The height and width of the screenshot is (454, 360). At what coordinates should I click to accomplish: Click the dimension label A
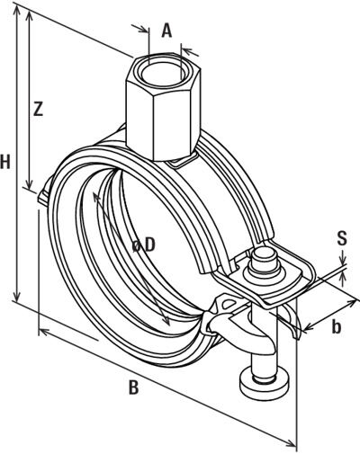tap(166, 30)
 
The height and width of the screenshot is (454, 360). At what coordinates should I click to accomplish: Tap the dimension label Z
tap(38, 110)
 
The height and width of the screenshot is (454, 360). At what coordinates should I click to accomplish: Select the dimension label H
tap(7, 162)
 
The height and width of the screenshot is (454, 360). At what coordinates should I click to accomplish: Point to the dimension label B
tap(133, 388)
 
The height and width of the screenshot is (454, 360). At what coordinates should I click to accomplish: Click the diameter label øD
tap(143, 244)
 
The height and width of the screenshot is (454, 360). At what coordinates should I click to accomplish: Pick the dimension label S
tap(342, 238)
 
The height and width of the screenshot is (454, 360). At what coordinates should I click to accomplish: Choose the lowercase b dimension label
tap(335, 327)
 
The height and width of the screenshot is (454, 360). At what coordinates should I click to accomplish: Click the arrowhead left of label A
tap(147, 29)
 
